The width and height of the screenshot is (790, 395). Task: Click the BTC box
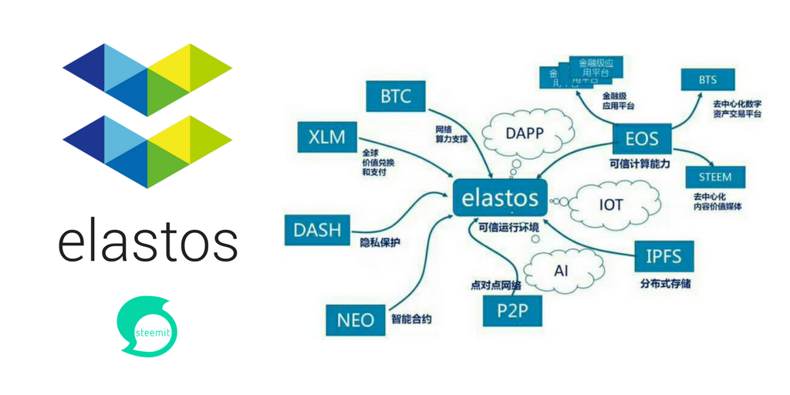pos(396,97)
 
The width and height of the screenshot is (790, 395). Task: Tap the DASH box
pos(317,229)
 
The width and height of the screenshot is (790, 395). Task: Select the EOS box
pos(642,139)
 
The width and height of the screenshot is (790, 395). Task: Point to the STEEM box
pos(715,177)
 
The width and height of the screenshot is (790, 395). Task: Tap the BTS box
pos(707,79)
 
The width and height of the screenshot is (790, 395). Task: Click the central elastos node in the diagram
pos(500,197)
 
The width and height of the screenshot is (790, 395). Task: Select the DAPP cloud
pos(525,133)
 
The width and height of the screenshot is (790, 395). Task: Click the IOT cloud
pos(610,205)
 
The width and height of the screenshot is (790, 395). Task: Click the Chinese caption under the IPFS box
pos(665,283)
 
